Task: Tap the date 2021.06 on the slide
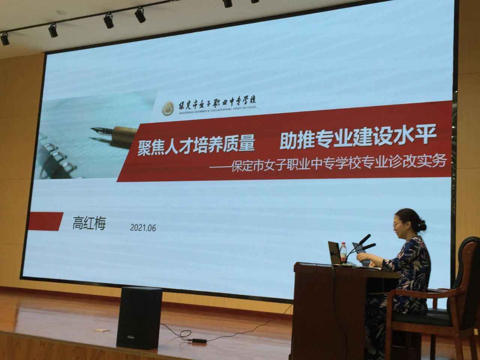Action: [x=143, y=228]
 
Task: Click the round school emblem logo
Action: [x=168, y=108]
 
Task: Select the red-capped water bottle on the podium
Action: [x=343, y=252]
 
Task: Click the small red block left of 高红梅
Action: [x=45, y=221]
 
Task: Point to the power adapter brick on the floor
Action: [x=198, y=340]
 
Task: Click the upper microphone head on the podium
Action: [x=364, y=239]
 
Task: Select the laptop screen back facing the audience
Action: [x=335, y=253]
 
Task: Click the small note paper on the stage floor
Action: [x=102, y=330]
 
